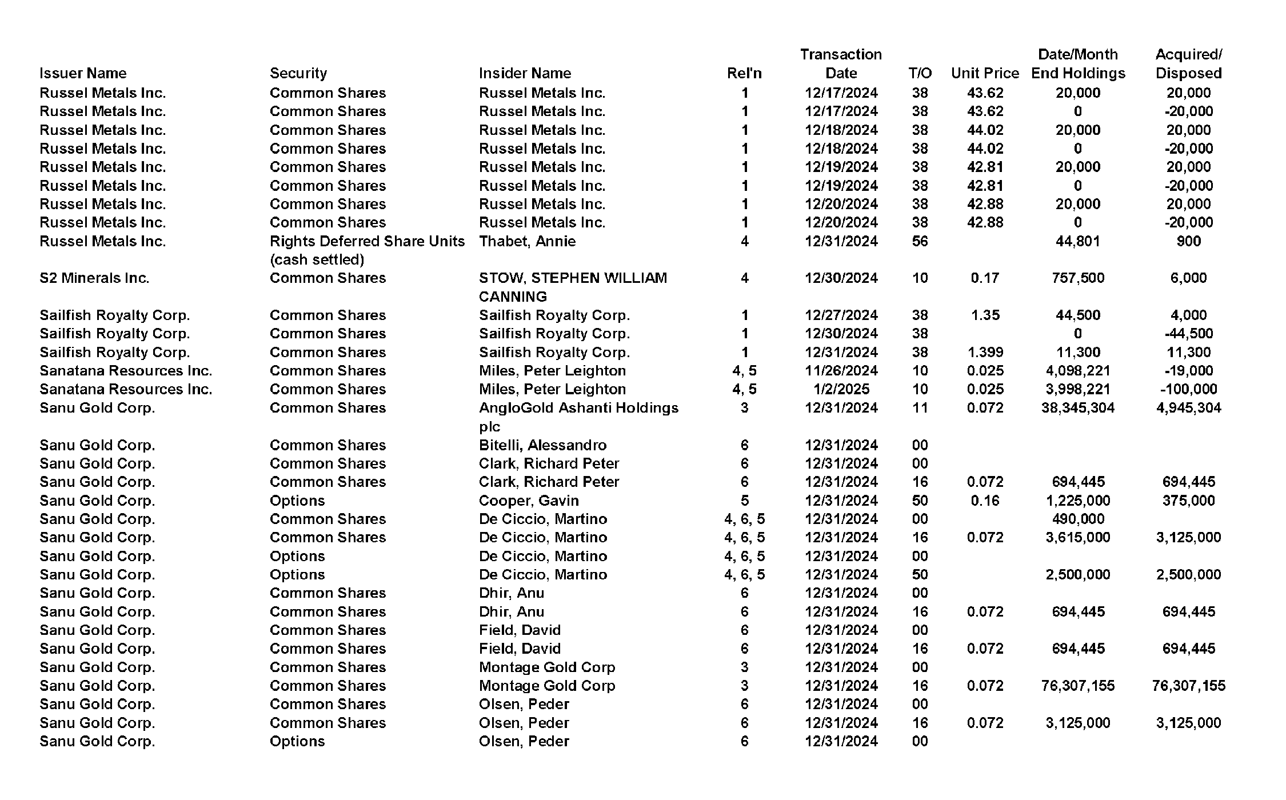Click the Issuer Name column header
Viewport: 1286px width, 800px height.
tap(83, 73)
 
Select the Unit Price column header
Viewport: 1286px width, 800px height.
tap(985, 73)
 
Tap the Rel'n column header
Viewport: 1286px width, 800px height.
tap(744, 73)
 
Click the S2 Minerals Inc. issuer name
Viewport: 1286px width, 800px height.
tap(94, 278)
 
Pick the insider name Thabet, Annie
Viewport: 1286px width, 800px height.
tap(527, 241)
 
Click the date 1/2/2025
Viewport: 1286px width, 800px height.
tap(841, 389)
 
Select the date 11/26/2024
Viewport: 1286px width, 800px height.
tap(841, 371)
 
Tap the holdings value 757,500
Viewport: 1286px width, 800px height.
tap(1077, 278)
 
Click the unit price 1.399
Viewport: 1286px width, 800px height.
tap(985, 353)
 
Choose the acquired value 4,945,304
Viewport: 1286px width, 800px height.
tap(1188, 408)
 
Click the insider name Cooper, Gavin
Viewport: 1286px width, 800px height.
tap(529, 501)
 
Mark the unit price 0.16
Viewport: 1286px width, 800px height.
tap(985, 501)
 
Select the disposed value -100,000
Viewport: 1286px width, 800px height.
tap(1188, 389)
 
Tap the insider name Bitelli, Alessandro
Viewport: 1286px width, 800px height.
tap(542, 445)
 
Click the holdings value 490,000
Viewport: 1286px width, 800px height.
tap(1077, 519)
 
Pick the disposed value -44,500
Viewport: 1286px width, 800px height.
tap(1188, 334)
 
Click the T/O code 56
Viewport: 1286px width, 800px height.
tap(920, 241)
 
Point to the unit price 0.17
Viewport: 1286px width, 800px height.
tap(985, 278)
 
